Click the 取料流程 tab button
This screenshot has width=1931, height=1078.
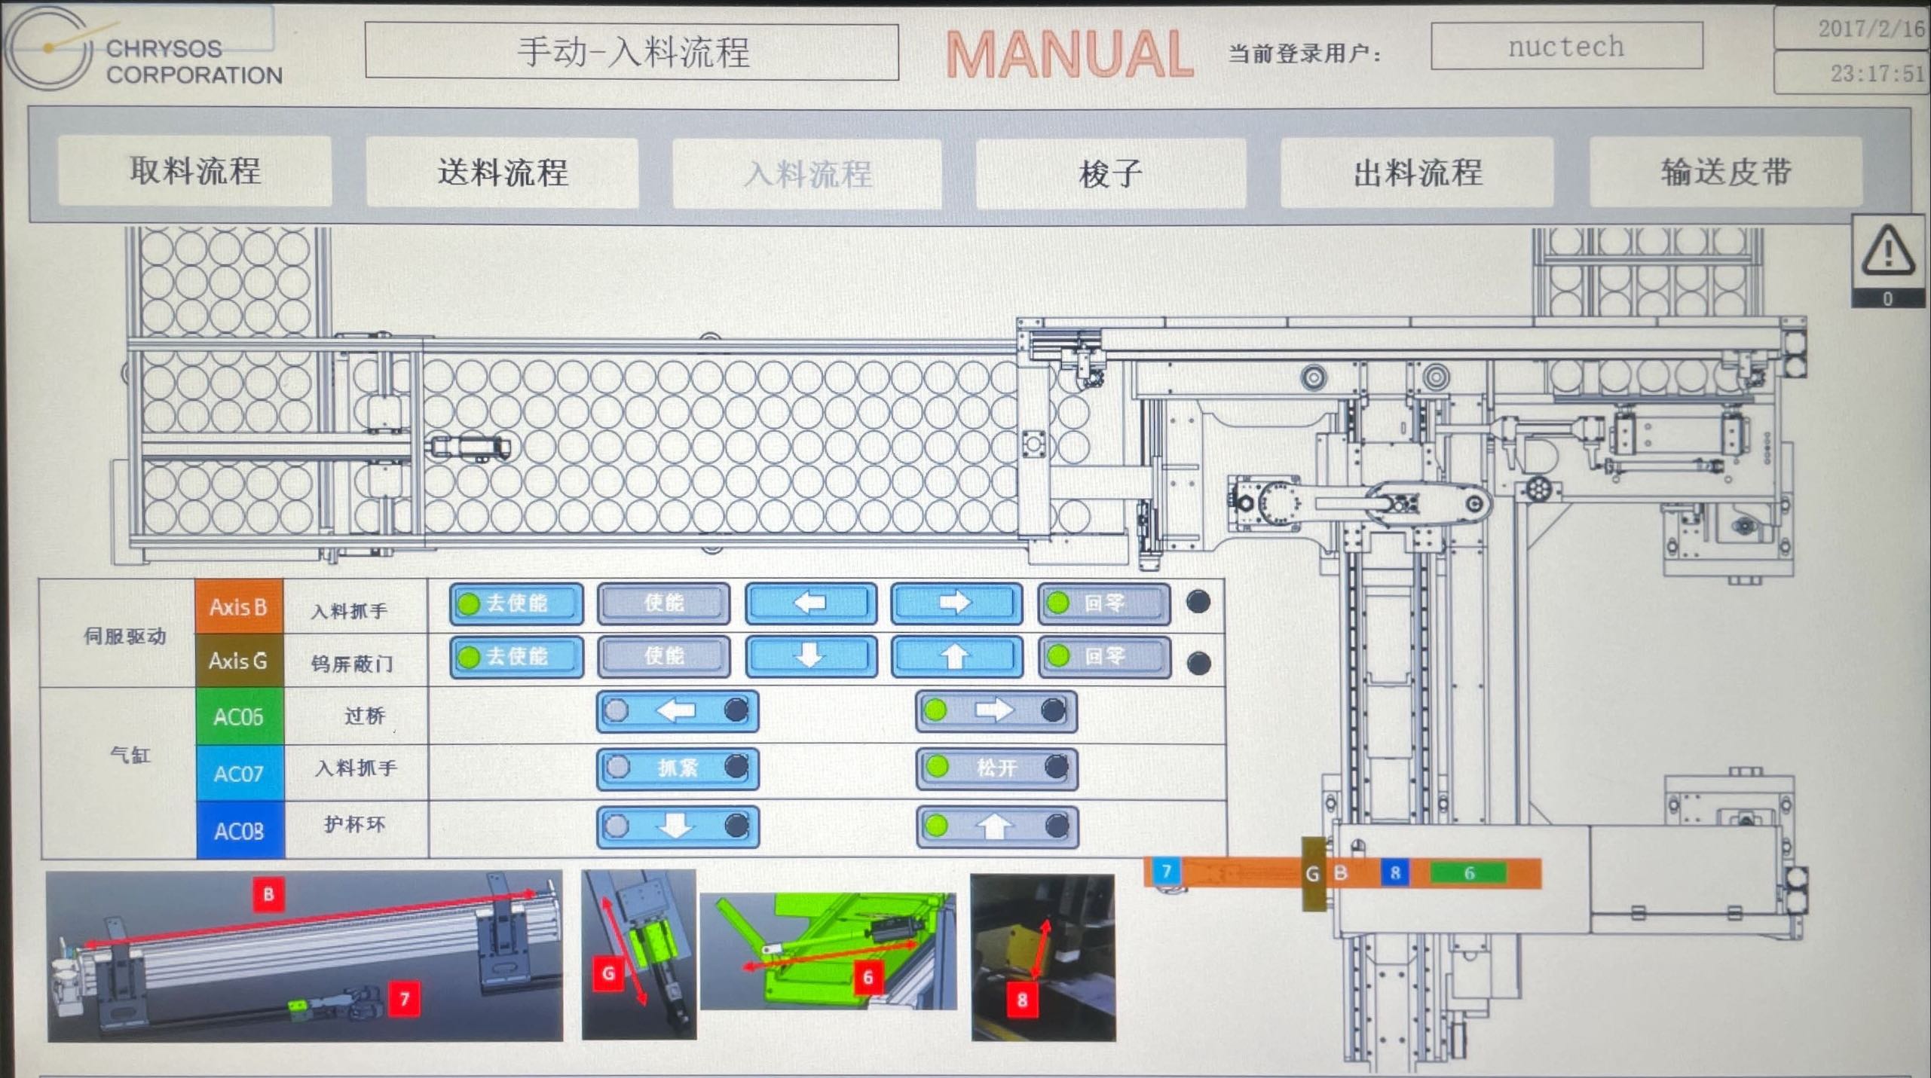[194, 171]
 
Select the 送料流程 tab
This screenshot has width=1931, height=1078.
[502, 173]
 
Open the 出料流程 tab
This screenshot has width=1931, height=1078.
[1417, 173]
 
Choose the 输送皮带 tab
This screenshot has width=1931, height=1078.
[1725, 172]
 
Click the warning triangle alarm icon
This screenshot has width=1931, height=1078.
[1888, 252]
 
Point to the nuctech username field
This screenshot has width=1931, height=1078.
[1565, 47]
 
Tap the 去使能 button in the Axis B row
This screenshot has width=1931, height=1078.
[516, 603]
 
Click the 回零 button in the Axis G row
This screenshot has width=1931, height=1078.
[1103, 657]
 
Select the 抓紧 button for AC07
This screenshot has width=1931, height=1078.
[677, 768]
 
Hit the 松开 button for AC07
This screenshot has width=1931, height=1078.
[996, 768]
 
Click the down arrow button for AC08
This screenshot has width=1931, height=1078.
[677, 826]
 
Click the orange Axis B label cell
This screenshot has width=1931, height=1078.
[239, 606]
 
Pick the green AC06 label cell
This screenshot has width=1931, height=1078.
[239, 716]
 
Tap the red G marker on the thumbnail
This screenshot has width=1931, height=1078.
[608, 973]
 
